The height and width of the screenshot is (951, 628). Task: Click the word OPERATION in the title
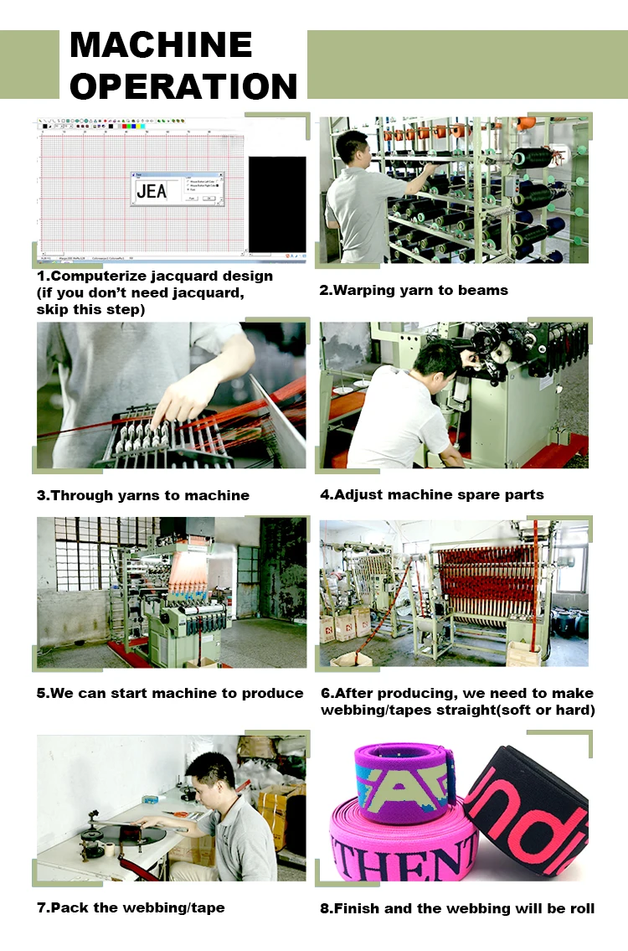click(183, 85)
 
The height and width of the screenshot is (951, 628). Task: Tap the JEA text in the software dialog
click(152, 191)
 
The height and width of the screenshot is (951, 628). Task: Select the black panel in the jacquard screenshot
click(277, 204)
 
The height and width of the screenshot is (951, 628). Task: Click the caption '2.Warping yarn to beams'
click(414, 291)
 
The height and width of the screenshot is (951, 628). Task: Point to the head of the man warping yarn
click(352, 148)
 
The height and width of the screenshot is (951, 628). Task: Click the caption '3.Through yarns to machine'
click(143, 495)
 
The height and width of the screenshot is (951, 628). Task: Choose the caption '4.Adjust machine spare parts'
click(431, 494)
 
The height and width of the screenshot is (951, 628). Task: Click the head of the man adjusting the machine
click(436, 360)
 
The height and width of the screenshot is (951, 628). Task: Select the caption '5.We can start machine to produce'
click(170, 694)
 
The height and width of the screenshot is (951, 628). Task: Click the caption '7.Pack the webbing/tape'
click(131, 907)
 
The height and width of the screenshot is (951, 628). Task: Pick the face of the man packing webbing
click(208, 780)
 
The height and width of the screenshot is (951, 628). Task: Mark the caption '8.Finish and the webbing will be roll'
click(457, 908)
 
